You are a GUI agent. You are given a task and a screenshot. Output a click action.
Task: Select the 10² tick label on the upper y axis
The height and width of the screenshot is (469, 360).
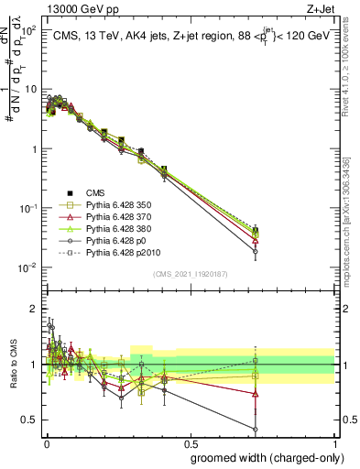29,31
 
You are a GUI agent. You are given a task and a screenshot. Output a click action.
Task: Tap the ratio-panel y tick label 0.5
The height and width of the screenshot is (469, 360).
31,420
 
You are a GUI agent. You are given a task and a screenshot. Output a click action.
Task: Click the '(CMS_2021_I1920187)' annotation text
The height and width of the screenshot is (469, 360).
191,274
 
